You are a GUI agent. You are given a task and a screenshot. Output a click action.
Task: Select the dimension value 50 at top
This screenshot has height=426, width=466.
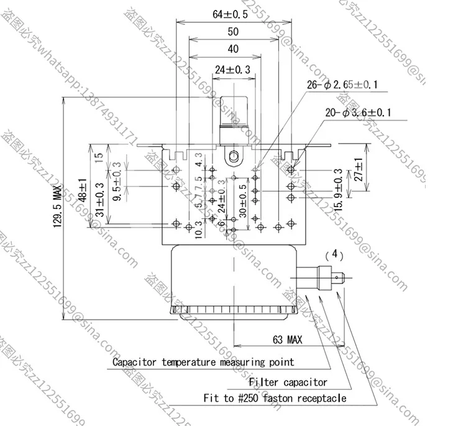click(x=232, y=32)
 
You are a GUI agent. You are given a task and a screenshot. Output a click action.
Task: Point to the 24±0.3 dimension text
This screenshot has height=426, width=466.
click(x=232, y=70)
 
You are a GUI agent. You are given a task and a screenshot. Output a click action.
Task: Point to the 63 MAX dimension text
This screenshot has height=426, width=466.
click(x=287, y=340)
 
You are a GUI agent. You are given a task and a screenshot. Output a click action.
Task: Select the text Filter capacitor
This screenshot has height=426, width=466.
click(x=288, y=382)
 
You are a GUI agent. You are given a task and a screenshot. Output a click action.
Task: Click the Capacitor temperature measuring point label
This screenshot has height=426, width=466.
click(x=203, y=361)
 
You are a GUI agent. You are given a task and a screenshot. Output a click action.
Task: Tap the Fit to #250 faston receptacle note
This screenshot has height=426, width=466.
click(x=275, y=398)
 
